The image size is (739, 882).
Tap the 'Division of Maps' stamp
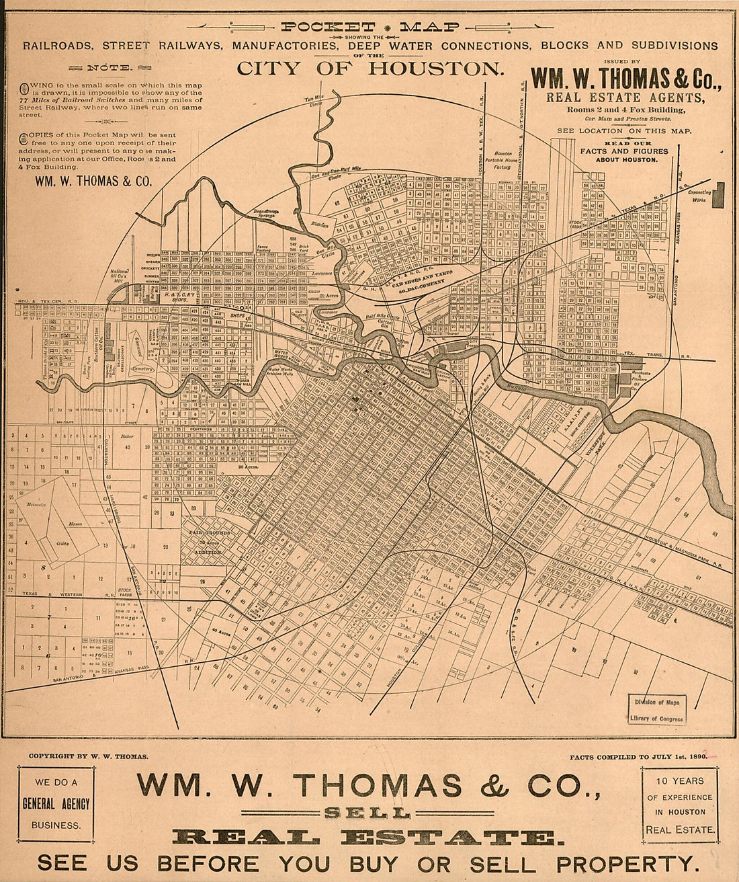pos(656,703)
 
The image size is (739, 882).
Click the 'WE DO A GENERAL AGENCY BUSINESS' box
pos(56,803)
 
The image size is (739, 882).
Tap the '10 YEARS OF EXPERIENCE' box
pos(679,805)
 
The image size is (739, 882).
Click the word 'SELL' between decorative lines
pos(367,813)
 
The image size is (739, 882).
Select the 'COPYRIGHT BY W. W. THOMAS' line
pos(88,756)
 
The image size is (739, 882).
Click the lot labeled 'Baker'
pos(127,436)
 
